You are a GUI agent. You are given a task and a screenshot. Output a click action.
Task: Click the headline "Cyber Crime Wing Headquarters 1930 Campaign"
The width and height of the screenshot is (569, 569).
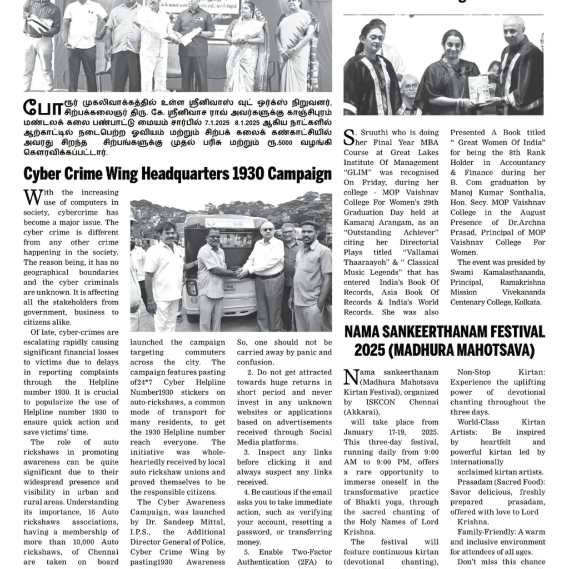click(177, 174)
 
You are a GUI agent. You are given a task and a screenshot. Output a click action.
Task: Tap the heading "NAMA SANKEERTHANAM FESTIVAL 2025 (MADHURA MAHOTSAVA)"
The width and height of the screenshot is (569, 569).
click(445, 341)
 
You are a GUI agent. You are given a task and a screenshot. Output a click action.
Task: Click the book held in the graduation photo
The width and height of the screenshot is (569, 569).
click(478, 89)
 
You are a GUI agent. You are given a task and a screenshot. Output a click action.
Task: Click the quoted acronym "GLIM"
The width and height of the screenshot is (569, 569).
click(360, 172)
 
